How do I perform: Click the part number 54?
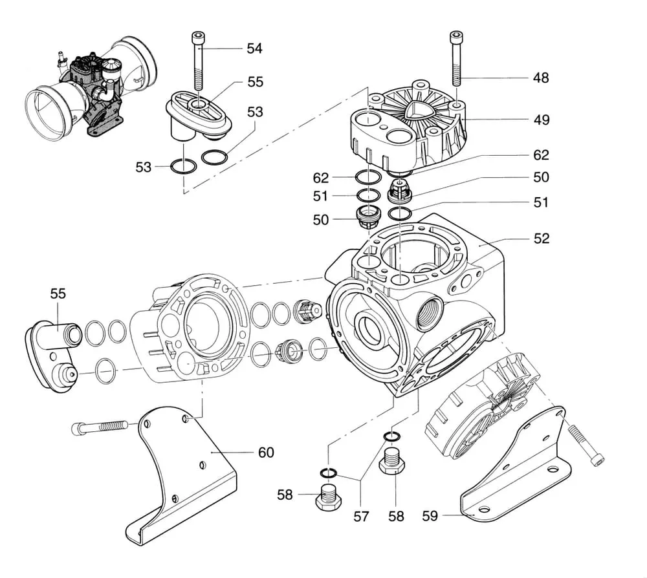(254, 48)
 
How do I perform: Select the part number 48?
(541, 78)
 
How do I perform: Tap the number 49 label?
(542, 120)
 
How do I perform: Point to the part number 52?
(542, 239)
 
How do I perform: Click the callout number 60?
(266, 452)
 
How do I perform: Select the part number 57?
(360, 516)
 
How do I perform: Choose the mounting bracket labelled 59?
(518, 466)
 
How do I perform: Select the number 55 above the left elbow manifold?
(58, 294)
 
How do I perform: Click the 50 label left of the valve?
(321, 220)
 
